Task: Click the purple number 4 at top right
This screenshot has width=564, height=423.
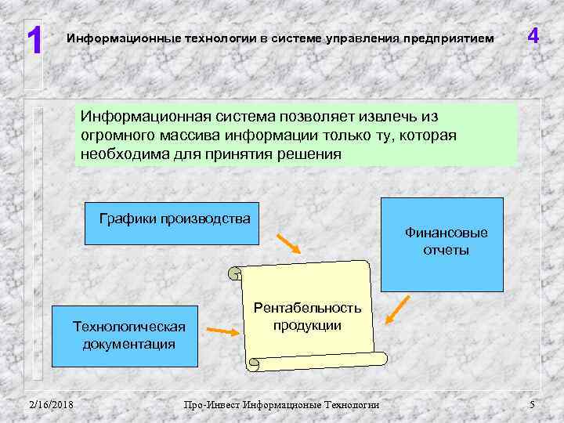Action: tap(533, 37)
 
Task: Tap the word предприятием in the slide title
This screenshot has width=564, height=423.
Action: tap(454, 38)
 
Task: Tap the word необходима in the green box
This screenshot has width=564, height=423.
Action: tap(125, 154)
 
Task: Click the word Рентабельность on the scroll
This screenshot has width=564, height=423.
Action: tap(307, 308)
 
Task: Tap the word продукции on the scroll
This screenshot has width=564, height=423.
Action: tap(307, 325)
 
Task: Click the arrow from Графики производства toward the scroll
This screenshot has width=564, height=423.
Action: tap(287, 244)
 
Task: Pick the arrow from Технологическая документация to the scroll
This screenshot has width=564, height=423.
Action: tap(225, 331)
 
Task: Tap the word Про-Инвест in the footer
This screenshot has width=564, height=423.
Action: tap(211, 404)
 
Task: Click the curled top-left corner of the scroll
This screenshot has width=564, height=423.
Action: tap(235, 273)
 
